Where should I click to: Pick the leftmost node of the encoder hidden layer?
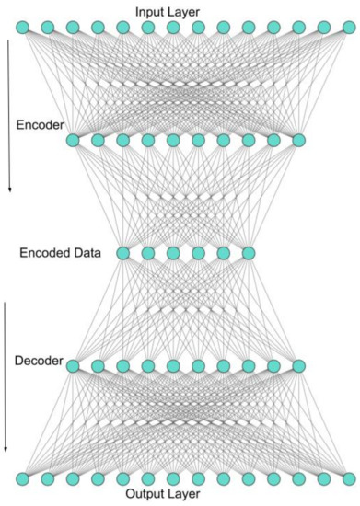click(74, 140)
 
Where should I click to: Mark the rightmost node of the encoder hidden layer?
click(297, 140)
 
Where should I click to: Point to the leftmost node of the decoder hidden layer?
click(74, 366)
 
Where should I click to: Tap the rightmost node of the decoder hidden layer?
click(297, 366)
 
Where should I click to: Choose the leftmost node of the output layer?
click(23, 479)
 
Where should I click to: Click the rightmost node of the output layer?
click(345, 479)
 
